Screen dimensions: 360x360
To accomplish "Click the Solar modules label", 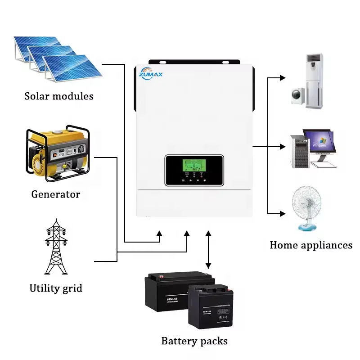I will click(59, 96).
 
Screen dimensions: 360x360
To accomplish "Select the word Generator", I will click(55, 194).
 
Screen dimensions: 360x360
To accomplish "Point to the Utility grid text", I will click(56, 288).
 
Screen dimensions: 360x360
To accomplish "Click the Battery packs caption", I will click(194, 341).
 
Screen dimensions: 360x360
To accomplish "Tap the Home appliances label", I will click(311, 245).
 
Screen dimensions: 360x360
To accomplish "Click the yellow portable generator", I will click(57, 153).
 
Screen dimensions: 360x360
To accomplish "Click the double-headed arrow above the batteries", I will click(208, 250).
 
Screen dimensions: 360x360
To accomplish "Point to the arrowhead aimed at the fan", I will click(283, 213).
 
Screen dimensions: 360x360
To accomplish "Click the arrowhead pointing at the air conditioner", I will click(283, 78).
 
